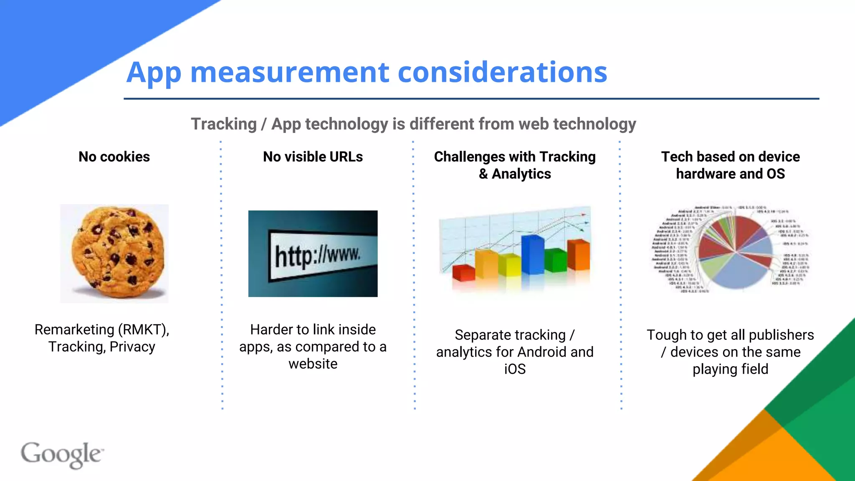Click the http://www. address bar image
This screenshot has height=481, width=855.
[313, 254]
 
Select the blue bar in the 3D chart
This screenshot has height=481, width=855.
[532, 254]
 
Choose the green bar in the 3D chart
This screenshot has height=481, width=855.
[555, 260]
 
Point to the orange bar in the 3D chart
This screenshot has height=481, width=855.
[578, 254]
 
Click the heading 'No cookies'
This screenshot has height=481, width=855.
[114, 157]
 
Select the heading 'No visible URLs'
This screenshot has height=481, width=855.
[313, 157]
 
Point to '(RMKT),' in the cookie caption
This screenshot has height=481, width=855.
[144, 330]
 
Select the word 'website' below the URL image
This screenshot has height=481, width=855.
[313, 364]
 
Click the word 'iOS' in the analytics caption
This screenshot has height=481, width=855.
[515, 369]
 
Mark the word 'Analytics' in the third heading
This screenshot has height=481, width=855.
[521, 174]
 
